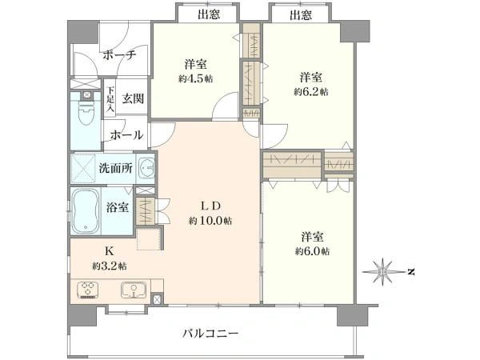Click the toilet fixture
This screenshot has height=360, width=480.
86,113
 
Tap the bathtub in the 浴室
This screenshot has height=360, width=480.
86,211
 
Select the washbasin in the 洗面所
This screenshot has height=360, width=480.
146,168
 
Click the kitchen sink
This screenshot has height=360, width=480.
134,290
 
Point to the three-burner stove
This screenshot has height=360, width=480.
89,290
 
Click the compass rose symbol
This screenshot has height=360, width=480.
382,271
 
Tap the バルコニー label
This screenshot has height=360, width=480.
210,333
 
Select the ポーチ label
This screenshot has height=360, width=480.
118,55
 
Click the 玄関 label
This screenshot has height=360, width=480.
133,98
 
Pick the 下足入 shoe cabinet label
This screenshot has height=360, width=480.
110,99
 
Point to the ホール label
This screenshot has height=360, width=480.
126,134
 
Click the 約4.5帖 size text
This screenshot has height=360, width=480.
196,79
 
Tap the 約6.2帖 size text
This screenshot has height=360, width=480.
311,92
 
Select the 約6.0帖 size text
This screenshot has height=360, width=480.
312,252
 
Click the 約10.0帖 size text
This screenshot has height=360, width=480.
210,221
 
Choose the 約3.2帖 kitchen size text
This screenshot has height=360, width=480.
110,266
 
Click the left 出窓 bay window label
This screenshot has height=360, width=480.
209,14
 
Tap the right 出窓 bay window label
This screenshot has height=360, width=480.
302,14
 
